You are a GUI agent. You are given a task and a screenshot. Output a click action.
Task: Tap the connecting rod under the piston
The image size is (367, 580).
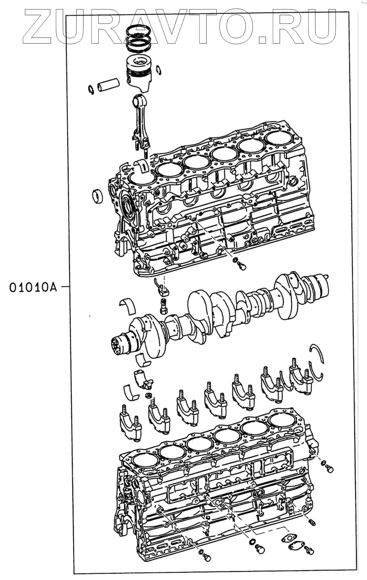click(x=140, y=119)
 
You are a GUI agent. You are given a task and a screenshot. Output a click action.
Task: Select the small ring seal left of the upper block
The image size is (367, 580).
click(x=97, y=196)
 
